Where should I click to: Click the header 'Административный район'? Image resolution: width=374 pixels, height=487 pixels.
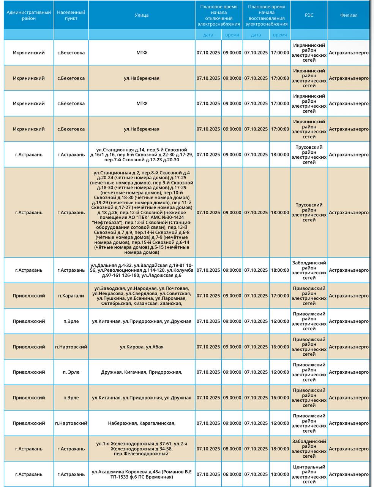pos(29,15)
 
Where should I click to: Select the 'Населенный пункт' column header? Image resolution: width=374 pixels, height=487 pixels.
pos(71,15)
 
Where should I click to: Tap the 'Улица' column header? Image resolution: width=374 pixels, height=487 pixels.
pos(142,15)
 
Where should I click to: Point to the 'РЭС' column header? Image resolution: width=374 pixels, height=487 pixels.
pos(309,15)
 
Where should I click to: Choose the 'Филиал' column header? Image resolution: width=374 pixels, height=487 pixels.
pos(349,15)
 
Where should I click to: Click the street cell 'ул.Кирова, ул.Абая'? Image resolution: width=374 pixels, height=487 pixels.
pos(142,347)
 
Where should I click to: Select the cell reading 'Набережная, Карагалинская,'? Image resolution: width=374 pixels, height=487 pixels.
pos(142,423)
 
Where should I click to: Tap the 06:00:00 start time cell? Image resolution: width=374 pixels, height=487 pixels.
pos(232,474)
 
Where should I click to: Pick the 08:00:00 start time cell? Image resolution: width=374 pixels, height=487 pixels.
pos(232,449)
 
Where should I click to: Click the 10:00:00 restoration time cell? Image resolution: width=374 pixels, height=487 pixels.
pos(280,474)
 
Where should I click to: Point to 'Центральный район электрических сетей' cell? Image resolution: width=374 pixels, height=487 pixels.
pos(309,474)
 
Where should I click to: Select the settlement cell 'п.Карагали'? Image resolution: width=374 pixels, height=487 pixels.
pos(71,296)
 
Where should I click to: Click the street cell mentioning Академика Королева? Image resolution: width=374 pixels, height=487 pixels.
pos(142,474)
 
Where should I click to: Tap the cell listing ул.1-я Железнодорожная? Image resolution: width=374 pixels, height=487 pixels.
pos(142,449)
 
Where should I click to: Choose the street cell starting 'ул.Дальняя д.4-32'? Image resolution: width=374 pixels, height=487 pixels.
pos(142,270)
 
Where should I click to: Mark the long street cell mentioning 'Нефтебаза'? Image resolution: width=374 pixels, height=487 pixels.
pos(142,212)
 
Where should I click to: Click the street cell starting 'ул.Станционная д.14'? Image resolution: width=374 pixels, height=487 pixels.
pos(142,154)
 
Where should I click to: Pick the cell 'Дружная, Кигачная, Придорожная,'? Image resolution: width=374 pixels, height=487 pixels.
pos(142,372)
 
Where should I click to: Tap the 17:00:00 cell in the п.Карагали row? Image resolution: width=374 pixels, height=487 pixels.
pos(280,296)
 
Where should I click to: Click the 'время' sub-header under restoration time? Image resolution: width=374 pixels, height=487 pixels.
pos(280,35)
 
